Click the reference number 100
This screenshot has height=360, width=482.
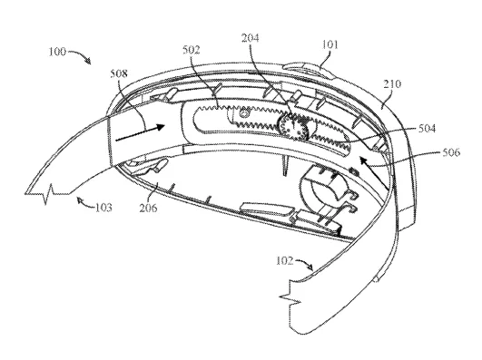click(x=57, y=52)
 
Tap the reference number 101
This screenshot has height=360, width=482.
click(x=330, y=44)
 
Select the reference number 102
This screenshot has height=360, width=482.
click(x=285, y=260)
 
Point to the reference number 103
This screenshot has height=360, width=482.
click(x=103, y=208)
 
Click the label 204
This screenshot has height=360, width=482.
click(x=251, y=38)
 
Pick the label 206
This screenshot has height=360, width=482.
click(x=148, y=208)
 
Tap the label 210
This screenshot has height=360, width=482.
click(x=392, y=83)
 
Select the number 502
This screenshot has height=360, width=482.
click(x=192, y=50)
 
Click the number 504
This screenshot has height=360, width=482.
click(x=427, y=128)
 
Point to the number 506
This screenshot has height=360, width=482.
click(x=451, y=152)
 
